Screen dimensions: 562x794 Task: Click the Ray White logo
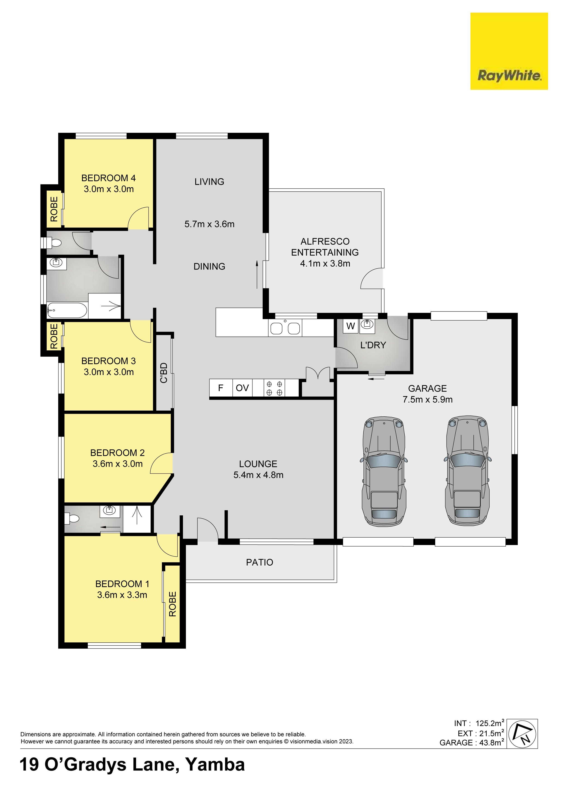509,51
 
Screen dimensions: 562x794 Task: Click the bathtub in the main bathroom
67,310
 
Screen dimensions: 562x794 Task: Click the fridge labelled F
221,388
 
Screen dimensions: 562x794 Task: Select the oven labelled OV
242,388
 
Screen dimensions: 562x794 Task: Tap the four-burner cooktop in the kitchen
274,388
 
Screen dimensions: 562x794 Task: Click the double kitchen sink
285,328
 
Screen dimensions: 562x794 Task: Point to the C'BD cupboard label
164,373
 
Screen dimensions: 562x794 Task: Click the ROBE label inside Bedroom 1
172,604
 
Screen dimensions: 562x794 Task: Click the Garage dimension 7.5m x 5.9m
427,399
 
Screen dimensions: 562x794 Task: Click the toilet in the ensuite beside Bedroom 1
72,518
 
